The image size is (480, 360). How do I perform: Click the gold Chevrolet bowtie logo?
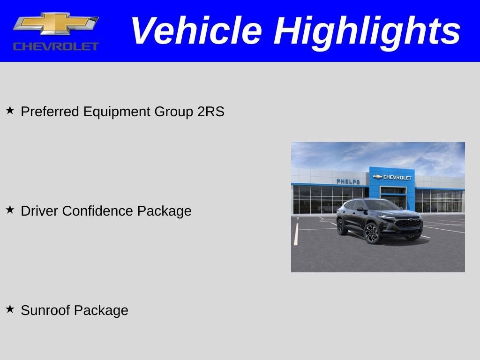(x=56, y=24)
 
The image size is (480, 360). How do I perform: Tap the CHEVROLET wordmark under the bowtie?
(x=56, y=46)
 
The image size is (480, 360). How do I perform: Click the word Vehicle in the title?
(x=195, y=30)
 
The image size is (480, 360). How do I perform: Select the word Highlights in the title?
(x=367, y=30)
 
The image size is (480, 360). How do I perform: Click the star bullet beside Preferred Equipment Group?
(x=10, y=111)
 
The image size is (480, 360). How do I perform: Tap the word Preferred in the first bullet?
(x=51, y=112)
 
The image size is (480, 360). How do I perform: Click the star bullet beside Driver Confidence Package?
(x=10, y=210)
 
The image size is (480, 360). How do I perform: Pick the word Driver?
(x=39, y=211)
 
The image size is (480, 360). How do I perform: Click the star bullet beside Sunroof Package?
(x=10, y=309)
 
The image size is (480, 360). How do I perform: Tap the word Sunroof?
(x=45, y=310)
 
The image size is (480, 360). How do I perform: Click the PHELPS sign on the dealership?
(x=348, y=181)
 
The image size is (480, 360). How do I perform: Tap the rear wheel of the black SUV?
(x=342, y=226)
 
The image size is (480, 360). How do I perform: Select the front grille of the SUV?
(x=408, y=224)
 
